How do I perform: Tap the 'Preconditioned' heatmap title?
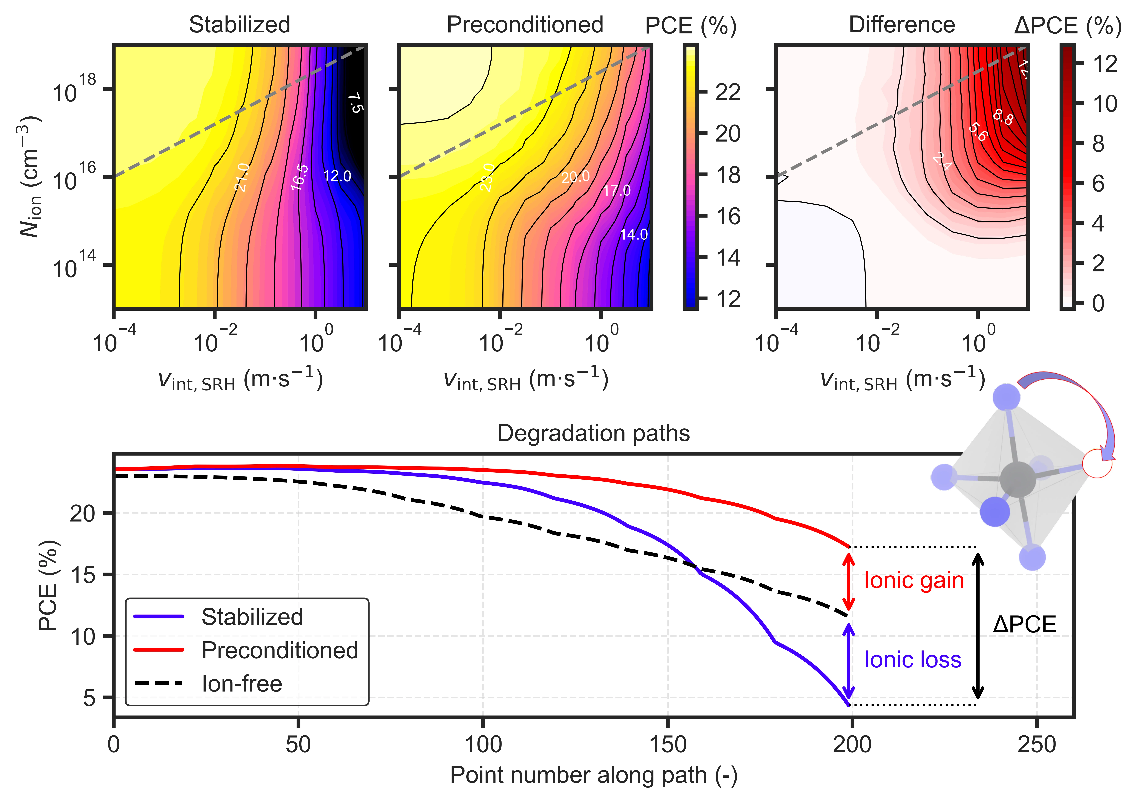click(x=525, y=25)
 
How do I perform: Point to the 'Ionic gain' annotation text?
click(x=914, y=581)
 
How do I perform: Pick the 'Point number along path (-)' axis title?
click(x=593, y=775)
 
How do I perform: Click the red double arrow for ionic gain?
click(x=849, y=582)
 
